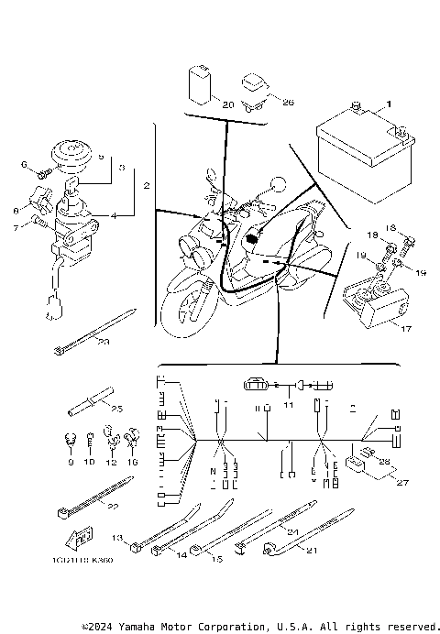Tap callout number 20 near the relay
pyautogui.click(x=227, y=104)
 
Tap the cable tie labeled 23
pyautogui.click(x=103, y=341)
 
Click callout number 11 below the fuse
pyautogui.click(x=287, y=403)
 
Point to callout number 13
pyautogui.click(x=116, y=538)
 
